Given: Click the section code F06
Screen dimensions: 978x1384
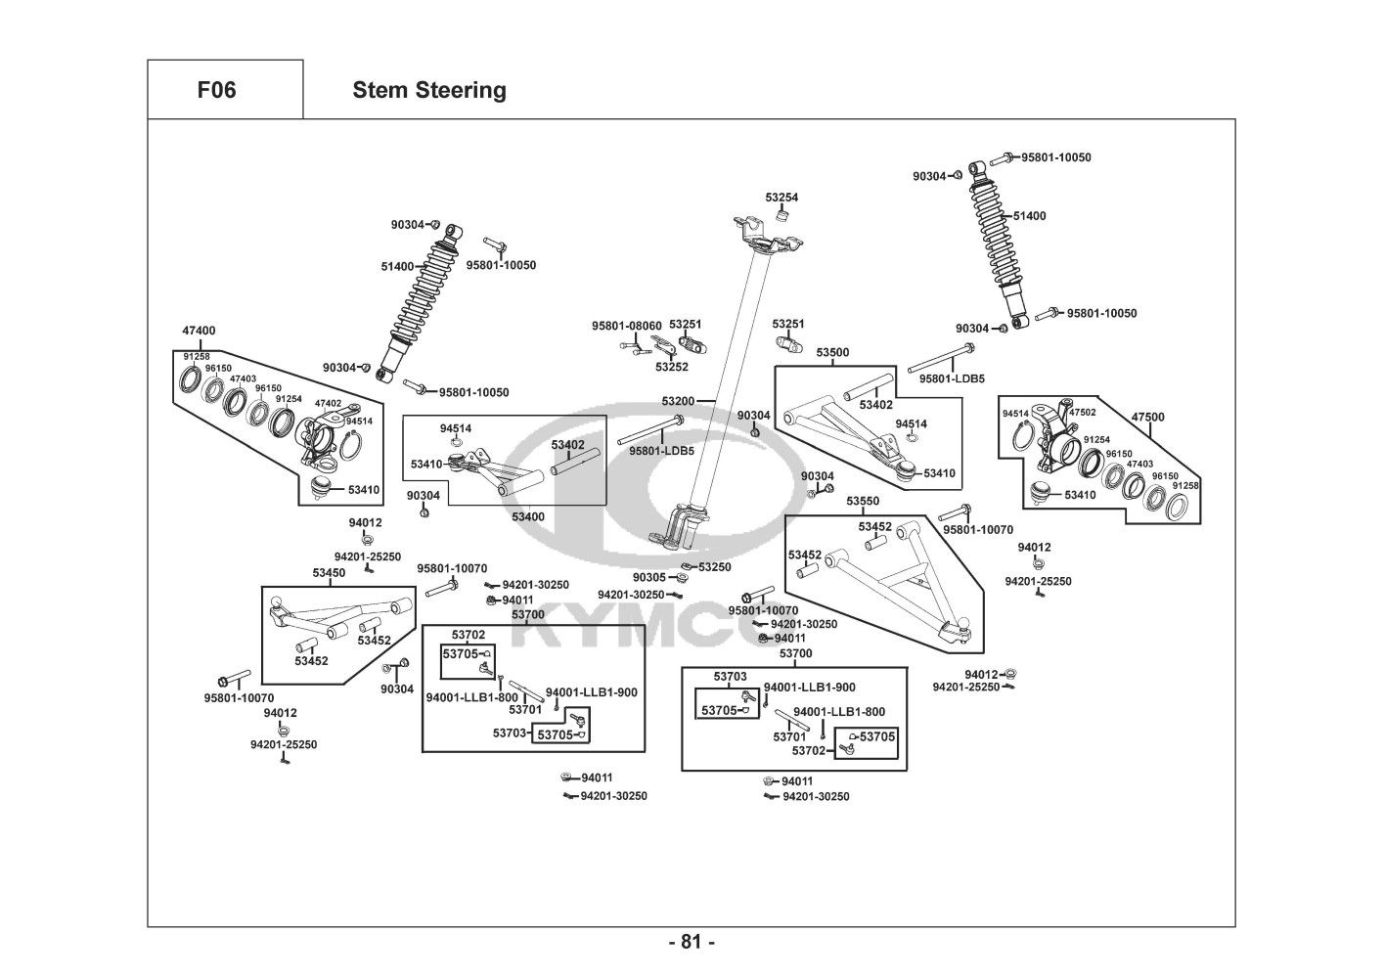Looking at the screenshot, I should [216, 91].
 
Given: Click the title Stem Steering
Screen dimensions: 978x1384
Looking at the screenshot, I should [429, 91].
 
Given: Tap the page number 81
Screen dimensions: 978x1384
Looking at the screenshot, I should [692, 943].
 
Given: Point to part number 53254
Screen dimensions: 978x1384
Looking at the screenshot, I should [781, 198].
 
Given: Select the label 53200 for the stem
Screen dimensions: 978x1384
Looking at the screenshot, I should [678, 401].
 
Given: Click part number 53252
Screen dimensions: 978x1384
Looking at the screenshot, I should [672, 367].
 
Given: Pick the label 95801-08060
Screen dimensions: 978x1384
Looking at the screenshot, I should [626, 326].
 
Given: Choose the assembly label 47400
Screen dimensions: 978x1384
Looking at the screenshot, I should [199, 331].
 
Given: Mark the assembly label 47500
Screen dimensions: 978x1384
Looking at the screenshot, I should [1148, 417].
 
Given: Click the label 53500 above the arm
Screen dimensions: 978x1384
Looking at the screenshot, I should [832, 352].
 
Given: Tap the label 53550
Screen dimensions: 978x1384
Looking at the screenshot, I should [863, 501].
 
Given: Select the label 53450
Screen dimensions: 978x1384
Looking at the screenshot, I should [329, 572].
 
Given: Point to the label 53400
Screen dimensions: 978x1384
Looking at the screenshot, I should [528, 516].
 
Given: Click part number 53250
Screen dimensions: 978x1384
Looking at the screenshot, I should [715, 567].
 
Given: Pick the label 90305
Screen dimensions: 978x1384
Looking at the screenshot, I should [648, 577].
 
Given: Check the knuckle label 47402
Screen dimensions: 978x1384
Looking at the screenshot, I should [328, 403].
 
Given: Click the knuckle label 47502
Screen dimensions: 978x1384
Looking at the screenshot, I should [1082, 413].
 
